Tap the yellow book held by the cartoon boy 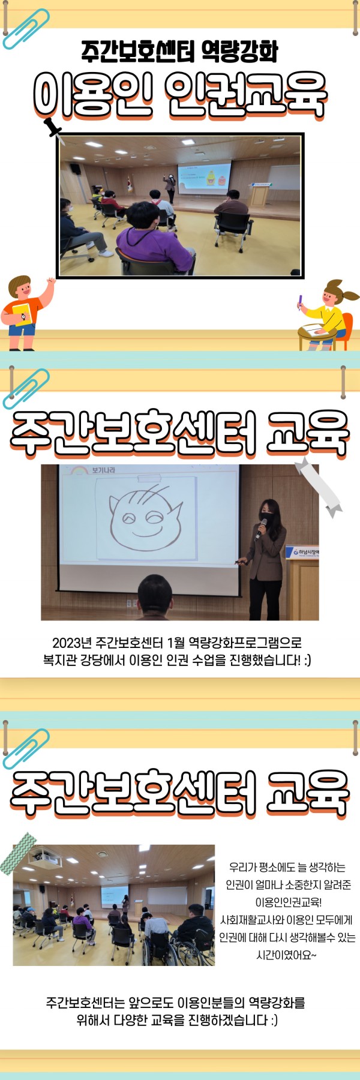tap(22, 314)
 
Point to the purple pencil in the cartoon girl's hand tap(299, 301)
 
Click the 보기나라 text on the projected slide tap(103, 470)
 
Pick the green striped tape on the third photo tap(17, 853)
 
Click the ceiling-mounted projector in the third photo tap(45, 860)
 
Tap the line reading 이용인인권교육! tap(289, 902)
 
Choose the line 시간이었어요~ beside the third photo tap(286, 955)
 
